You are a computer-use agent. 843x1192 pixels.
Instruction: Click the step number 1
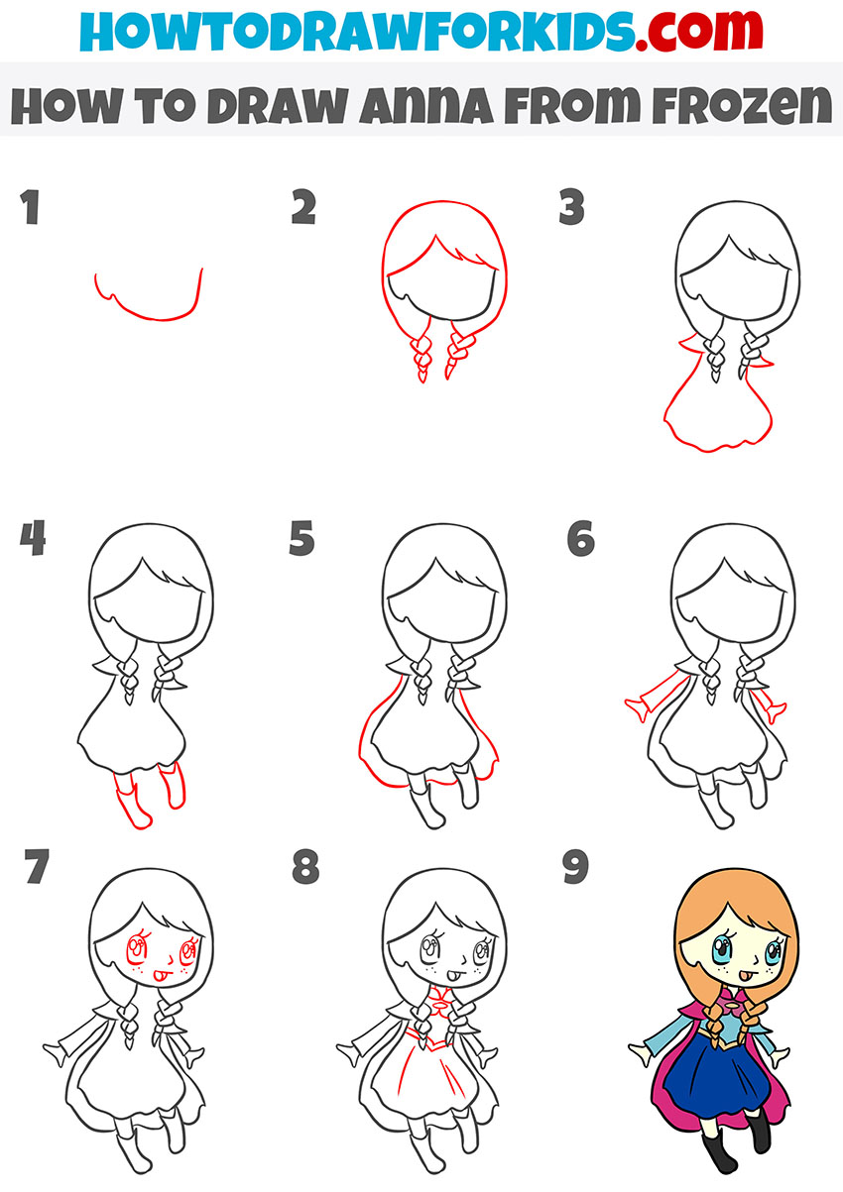(x=30, y=209)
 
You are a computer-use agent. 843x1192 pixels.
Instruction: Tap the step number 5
(x=302, y=540)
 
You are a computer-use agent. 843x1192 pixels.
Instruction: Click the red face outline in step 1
(x=149, y=315)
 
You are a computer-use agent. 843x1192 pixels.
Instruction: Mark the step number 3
(x=571, y=209)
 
